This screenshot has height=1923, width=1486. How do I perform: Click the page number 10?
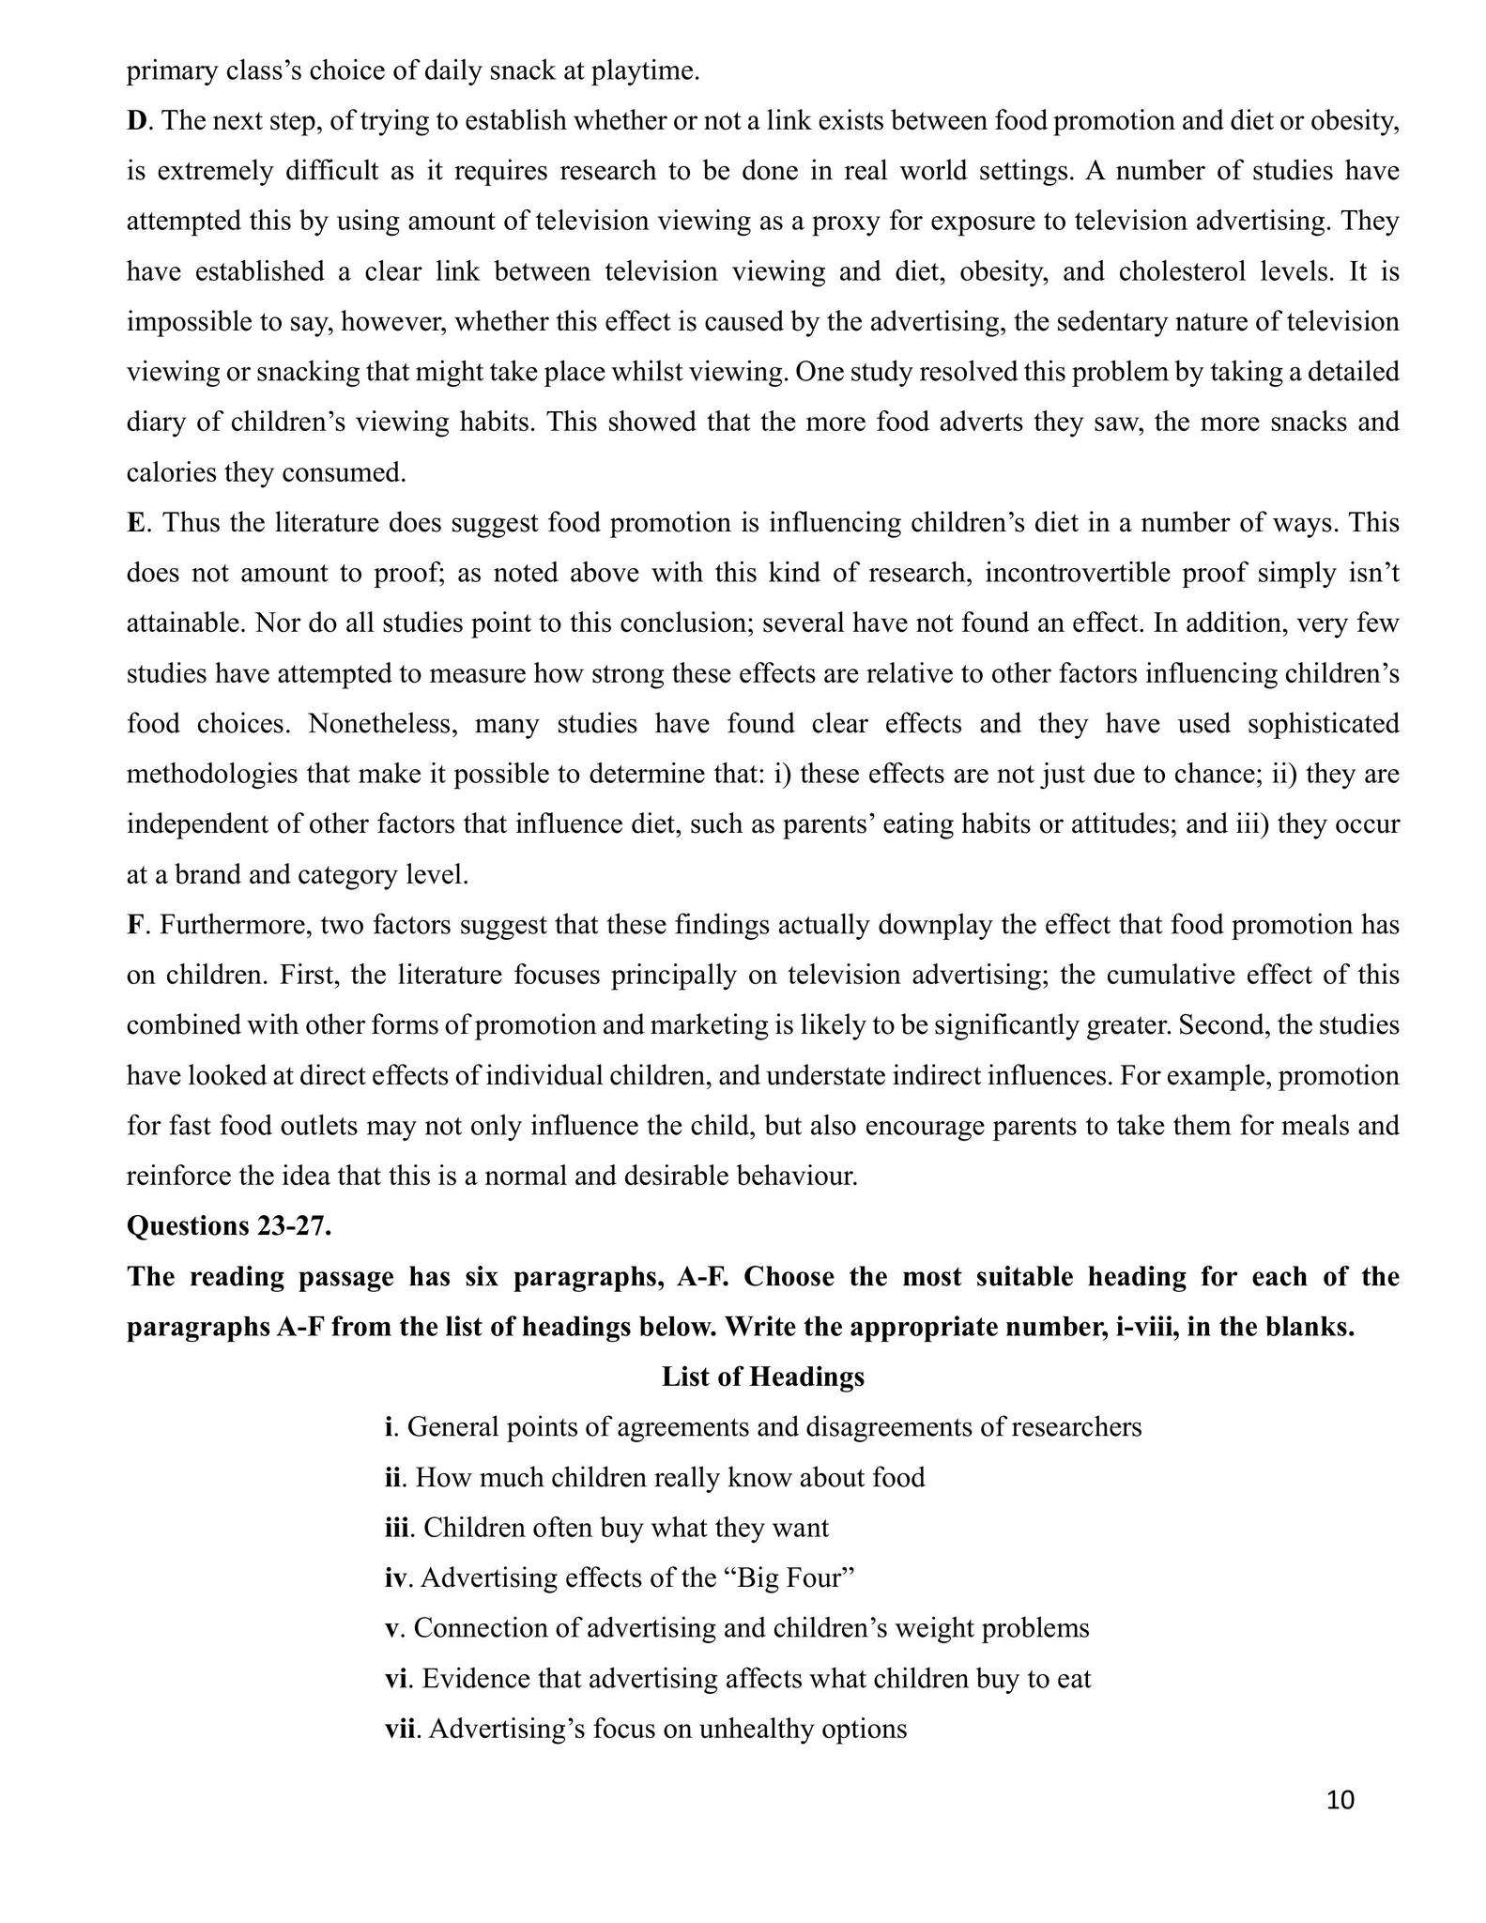(1341, 1800)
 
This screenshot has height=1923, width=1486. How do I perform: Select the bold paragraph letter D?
(135, 121)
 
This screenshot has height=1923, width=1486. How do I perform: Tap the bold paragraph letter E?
(134, 523)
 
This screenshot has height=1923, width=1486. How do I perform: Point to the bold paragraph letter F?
(134, 925)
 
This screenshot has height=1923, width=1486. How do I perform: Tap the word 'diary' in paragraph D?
(154, 423)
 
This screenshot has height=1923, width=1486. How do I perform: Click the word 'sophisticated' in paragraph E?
(1322, 724)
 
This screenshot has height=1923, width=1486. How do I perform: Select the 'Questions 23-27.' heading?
(229, 1226)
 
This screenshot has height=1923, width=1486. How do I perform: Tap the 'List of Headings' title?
(762, 1377)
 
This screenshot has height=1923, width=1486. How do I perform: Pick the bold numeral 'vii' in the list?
(401, 1729)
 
